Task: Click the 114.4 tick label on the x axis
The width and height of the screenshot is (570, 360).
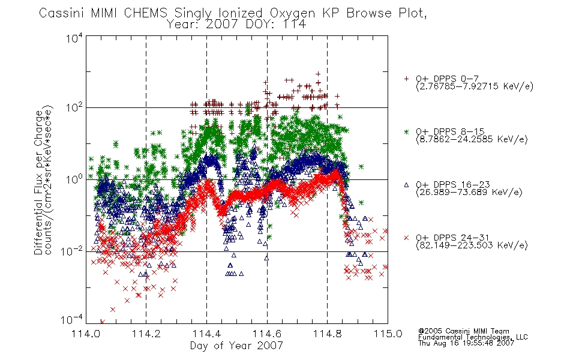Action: coord(206,334)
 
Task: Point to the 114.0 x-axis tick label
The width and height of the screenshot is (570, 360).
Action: coord(86,334)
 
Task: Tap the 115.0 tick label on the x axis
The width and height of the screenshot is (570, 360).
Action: coord(388,334)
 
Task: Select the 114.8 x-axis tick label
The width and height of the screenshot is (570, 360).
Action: coord(327,334)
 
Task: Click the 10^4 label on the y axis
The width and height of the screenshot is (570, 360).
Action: coord(74,38)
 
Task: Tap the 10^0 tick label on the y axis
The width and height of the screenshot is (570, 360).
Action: coord(74,179)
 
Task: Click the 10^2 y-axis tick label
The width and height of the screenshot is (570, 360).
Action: coord(74,107)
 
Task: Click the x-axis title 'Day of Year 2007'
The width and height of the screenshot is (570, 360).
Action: coord(236,346)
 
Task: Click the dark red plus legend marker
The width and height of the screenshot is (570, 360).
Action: coord(406,79)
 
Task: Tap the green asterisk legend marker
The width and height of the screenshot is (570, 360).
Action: coord(406,131)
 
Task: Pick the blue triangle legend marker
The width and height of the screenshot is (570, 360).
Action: coord(406,185)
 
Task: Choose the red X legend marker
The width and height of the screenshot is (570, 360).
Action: coord(406,238)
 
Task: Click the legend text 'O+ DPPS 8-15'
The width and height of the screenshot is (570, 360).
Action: coord(450,131)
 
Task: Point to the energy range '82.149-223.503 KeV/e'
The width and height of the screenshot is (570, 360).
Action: coord(472,245)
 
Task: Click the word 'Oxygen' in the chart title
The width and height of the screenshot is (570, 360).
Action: coord(292,13)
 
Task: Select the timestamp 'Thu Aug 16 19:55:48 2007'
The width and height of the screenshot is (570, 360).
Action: coord(466,343)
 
